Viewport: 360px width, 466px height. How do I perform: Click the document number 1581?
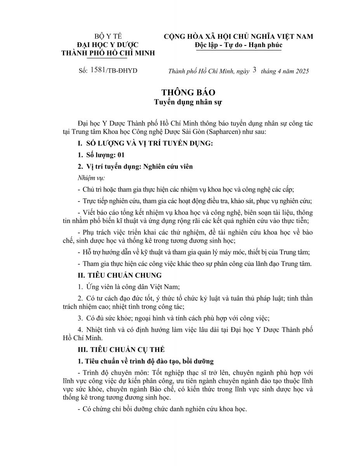99,70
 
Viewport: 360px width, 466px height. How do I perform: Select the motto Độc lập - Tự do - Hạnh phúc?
238,45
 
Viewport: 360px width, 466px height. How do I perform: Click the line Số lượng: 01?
101,155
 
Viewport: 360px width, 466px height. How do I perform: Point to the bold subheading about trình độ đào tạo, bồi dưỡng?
146,361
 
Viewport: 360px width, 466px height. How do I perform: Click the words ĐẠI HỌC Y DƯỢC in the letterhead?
108,45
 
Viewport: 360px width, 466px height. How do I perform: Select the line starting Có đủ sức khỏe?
173,318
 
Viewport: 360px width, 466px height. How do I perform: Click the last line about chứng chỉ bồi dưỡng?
162,409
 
